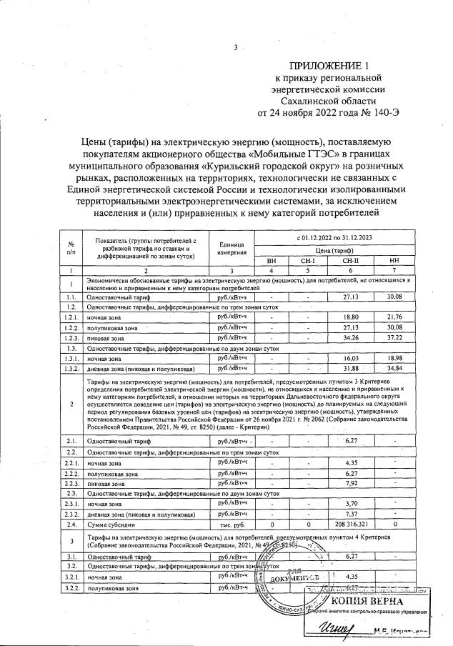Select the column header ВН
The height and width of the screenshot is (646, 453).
272,261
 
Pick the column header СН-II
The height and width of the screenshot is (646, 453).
351,261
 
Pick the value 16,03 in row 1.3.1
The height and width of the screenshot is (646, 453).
351,357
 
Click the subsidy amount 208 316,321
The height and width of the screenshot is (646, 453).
351,525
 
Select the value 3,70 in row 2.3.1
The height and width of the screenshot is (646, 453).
351,504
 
